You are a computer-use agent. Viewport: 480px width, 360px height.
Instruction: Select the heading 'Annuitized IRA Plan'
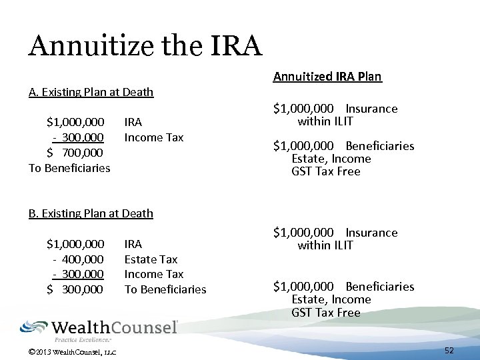tap(327, 77)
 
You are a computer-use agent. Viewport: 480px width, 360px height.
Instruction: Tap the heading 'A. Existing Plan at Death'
tap(91, 92)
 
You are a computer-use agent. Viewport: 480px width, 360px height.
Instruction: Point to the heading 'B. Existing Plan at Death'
tap(91, 213)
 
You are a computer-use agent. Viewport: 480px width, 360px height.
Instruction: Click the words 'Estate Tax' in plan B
tap(151, 259)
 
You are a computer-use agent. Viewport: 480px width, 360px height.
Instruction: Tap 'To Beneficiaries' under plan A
tap(69, 168)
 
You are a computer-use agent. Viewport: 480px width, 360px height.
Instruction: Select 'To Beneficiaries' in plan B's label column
tap(165, 289)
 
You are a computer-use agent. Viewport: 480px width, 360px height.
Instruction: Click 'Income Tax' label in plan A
tap(154, 137)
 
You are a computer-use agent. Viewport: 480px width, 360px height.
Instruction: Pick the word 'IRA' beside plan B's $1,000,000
tap(133, 244)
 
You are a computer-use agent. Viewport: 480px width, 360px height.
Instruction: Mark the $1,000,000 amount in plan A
tap(75, 123)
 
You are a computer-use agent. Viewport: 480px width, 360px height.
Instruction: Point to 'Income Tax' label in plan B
tap(154, 274)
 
